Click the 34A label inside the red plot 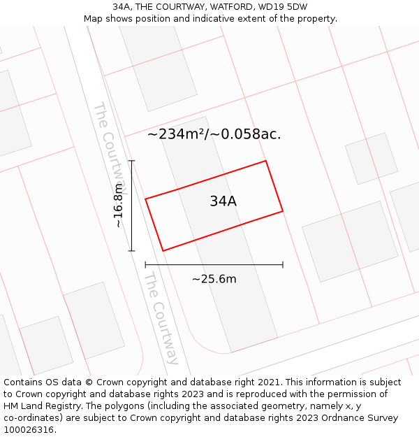[223, 201]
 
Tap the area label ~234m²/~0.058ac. [214, 134]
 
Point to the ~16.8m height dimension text [118, 206]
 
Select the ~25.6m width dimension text [214, 279]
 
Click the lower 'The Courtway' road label [161, 318]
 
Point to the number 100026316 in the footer [30, 430]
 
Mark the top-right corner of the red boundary [266, 161]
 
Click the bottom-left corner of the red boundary [163, 251]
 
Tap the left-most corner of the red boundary [145, 199]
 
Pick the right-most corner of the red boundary [283, 210]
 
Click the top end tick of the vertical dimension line [131, 161]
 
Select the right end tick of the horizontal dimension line [283, 265]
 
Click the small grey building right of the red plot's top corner [371, 158]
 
